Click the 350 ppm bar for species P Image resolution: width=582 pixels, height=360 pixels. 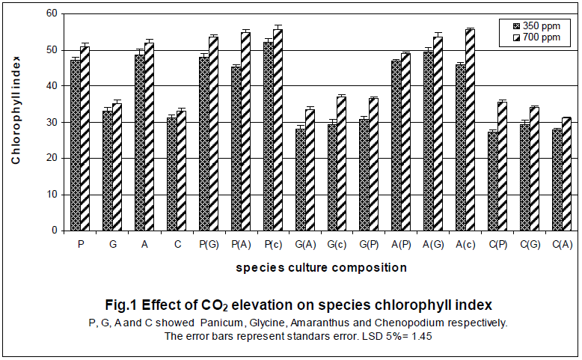point(75,145)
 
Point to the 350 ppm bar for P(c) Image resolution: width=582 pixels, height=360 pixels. point(268,136)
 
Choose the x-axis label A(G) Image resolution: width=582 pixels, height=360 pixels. point(432,244)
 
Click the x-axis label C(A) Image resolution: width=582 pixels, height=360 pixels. point(562,244)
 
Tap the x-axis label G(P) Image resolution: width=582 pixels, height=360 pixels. point(369,244)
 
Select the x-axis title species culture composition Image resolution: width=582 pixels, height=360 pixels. point(322,267)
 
